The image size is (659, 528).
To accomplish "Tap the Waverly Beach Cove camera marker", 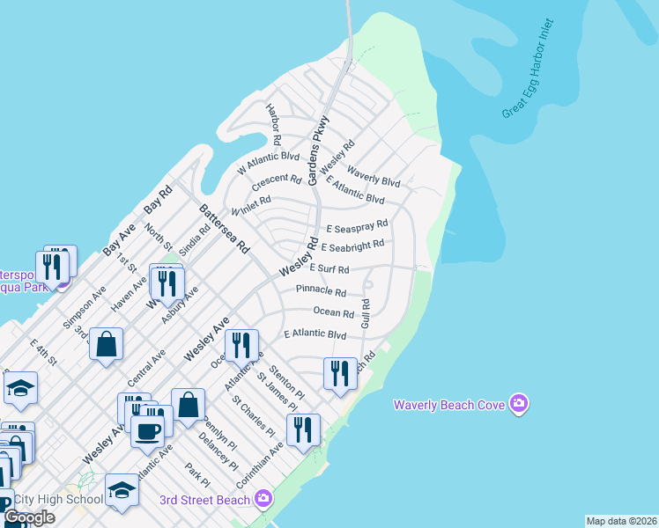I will (519, 404).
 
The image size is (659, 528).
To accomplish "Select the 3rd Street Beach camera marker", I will (263, 500).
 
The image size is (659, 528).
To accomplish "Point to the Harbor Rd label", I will (273, 123).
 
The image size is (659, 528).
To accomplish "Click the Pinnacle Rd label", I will (321, 290).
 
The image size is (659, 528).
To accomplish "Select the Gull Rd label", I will (366, 314).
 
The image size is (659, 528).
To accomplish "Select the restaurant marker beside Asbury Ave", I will (166, 282).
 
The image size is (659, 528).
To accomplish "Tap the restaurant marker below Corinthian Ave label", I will (303, 429).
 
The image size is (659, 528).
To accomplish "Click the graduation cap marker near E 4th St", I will (20, 387).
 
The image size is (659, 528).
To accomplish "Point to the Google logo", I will (29, 517).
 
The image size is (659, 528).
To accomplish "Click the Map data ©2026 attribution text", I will (620, 520).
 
